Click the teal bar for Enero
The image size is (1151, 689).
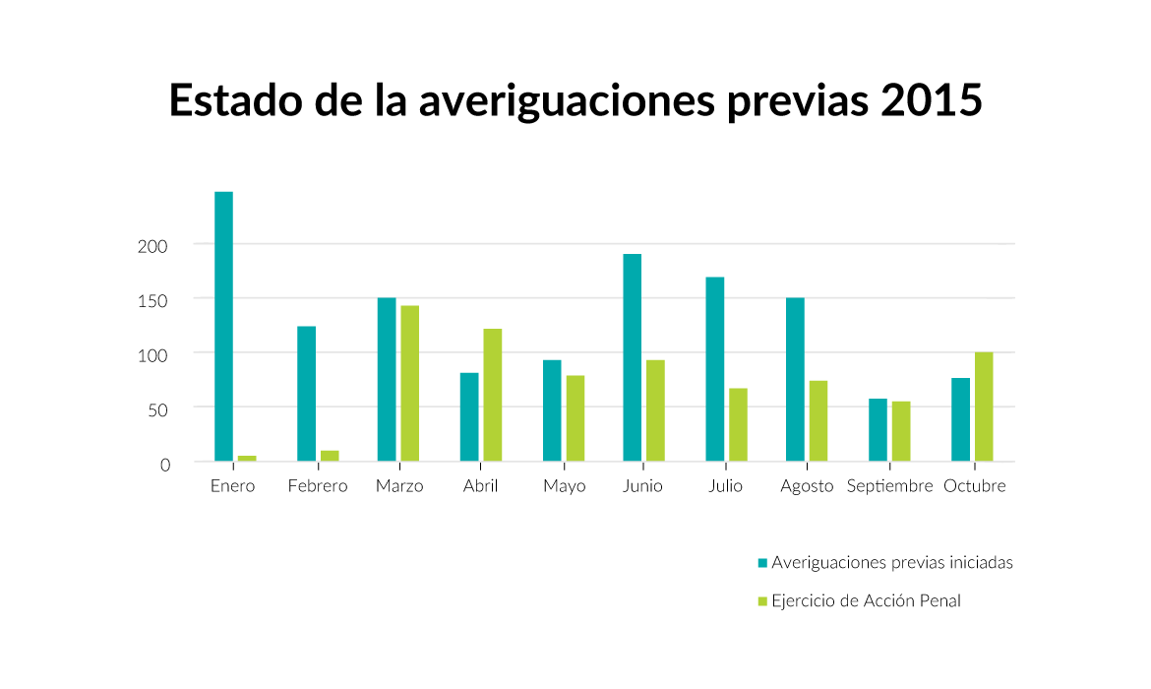223,326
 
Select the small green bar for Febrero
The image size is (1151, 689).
330,456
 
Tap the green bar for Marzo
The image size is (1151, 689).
410,383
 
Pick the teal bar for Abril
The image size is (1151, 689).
469,416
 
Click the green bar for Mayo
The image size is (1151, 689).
575,418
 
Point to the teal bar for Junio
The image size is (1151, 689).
632,357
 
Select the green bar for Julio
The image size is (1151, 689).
738,424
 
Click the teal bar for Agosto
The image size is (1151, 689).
795,379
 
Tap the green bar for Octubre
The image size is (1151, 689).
984,406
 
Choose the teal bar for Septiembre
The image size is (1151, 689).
878,429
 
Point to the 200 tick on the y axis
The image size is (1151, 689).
153,245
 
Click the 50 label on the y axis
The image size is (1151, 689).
159,408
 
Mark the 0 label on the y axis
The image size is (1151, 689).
165,464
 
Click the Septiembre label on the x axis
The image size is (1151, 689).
889,486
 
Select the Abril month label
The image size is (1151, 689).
480,486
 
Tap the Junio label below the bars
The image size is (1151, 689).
642,486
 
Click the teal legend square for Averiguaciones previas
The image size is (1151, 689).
762,563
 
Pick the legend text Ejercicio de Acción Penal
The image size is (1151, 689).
866,600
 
